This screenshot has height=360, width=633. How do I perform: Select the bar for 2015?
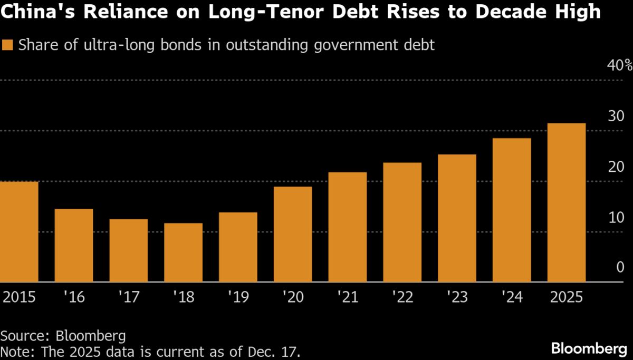click(19, 232)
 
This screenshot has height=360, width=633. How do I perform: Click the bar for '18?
click(183, 252)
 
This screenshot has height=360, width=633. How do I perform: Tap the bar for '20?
click(293, 235)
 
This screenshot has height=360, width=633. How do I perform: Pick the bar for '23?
click(457, 218)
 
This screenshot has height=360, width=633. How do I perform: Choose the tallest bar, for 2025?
click(567, 203)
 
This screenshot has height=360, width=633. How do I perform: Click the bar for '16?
click(74, 246)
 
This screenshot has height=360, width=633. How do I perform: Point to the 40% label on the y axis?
click(620, 65)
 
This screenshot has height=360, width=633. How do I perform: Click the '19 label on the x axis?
click(238, 297)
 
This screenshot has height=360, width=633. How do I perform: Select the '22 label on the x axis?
click(402, 297)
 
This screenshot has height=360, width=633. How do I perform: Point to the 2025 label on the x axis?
click(566, 297)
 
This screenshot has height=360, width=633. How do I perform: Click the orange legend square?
click(8, 45)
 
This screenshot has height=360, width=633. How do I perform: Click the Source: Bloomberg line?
click(63, 336)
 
